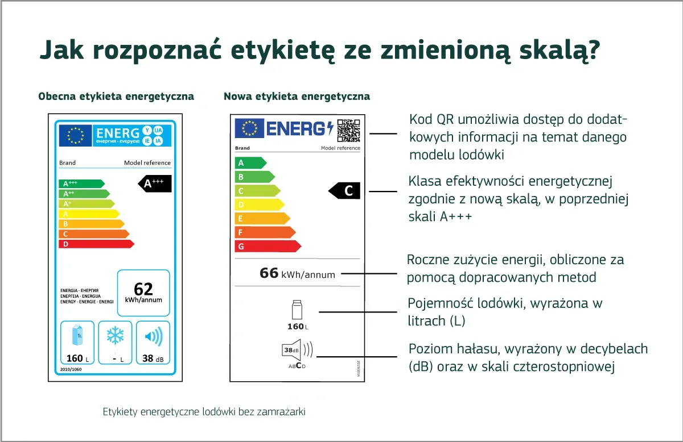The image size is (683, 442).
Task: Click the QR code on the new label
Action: [x=348, y=130]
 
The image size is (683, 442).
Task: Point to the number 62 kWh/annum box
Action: [x=143, y=293]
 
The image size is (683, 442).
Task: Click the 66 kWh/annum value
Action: [x=297, y=274]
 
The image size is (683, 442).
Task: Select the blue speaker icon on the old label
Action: [x=153, y=337]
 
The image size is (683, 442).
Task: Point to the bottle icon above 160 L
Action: [x=296, y=310]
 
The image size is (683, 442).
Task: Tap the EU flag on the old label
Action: [x=76, y=135]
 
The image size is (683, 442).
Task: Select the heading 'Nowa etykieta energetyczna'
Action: [x=297, y=97]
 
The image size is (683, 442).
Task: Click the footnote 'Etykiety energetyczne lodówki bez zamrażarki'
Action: [x=204, y=412]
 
